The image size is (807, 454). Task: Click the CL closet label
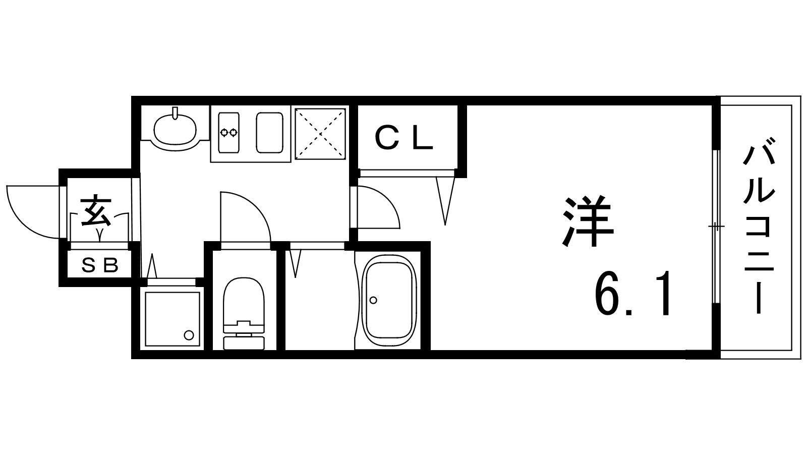[404, 137]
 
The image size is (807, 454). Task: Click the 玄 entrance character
[96, 210]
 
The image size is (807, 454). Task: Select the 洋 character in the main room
[588, 221]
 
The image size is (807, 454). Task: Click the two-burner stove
[229, 132]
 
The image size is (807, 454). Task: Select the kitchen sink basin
[269, 132]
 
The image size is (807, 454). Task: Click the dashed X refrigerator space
[320, 134]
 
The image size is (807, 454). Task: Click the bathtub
[389, 300]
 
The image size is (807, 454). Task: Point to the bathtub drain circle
[373, 300]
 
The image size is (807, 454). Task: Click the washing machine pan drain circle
[189, 335]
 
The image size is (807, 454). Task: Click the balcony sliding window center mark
[716, 226]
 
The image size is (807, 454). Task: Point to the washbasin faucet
[176, 112]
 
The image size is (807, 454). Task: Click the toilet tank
[244, 343]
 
